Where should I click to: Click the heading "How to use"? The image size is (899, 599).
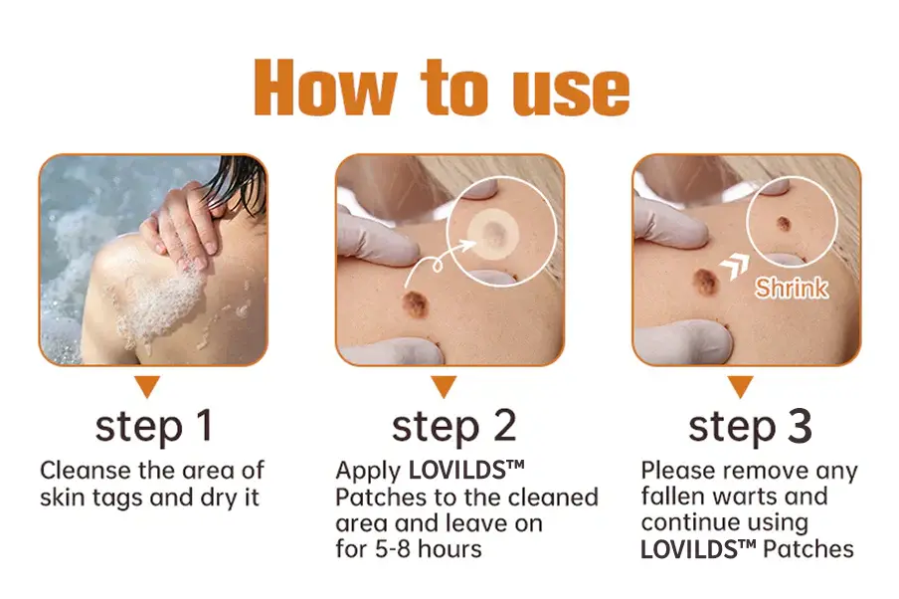442,88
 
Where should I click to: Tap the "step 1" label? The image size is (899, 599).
154,426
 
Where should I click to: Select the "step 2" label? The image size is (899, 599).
454,426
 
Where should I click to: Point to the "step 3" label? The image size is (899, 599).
751,426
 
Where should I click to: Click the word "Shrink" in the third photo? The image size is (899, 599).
792,288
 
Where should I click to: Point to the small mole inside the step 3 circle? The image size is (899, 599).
784,223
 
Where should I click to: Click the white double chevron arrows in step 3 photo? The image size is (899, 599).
735,267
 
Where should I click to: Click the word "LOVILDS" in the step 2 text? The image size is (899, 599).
456,471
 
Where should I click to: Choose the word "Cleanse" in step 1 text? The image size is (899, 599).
86,471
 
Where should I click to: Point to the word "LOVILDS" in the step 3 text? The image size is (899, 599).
689,549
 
